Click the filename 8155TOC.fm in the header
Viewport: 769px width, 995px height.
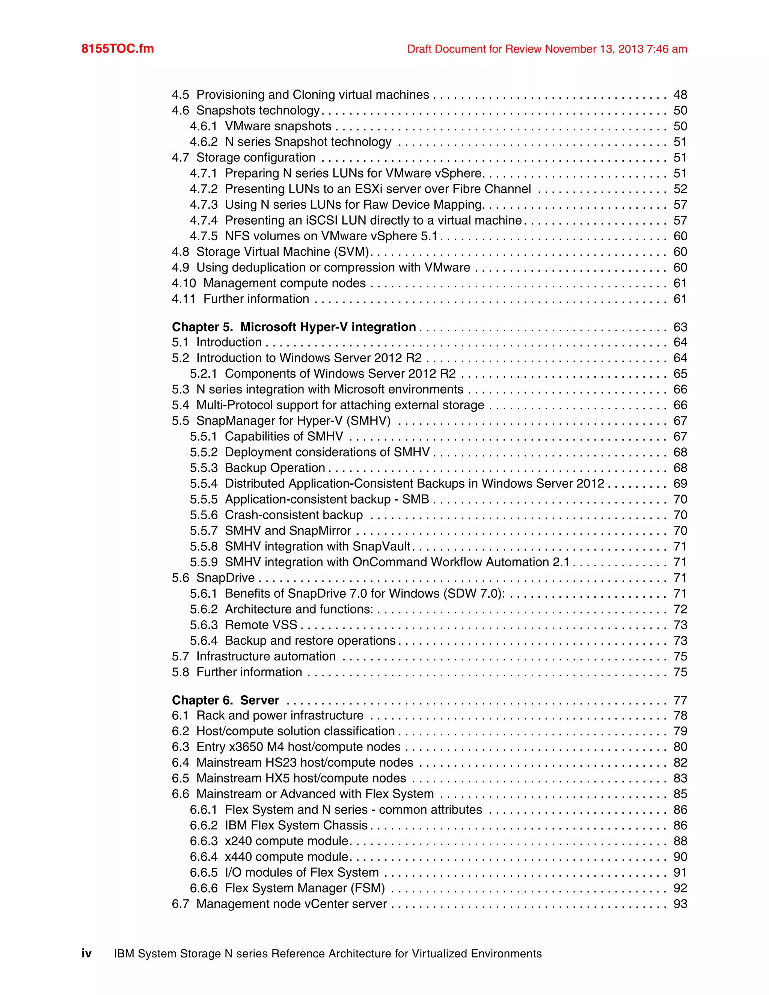(118, 49)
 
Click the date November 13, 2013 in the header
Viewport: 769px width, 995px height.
(594, 49)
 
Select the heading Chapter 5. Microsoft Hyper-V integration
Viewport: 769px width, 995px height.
(294, 327)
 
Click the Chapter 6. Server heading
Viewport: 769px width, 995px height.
(226, 700)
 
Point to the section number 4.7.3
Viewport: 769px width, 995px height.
(204, 205)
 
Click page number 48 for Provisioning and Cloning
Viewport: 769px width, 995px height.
(680, 95)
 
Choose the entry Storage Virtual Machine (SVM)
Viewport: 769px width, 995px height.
(282, 252)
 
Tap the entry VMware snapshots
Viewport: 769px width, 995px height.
(278, 126)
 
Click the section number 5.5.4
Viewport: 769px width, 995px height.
(204, 483)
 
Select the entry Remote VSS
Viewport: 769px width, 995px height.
(261, 625)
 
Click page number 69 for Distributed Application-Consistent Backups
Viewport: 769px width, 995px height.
(680, 483)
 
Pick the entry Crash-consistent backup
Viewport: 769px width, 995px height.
(294, 515)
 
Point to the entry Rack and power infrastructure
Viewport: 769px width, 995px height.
(280, 715)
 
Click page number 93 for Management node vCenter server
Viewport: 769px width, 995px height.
(680, 904)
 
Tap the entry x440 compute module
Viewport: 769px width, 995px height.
(286, 856)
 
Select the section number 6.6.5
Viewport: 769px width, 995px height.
(204, 873)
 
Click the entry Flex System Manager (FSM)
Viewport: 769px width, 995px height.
(305, 888)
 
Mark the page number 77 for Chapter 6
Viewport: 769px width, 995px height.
(680, 700)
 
